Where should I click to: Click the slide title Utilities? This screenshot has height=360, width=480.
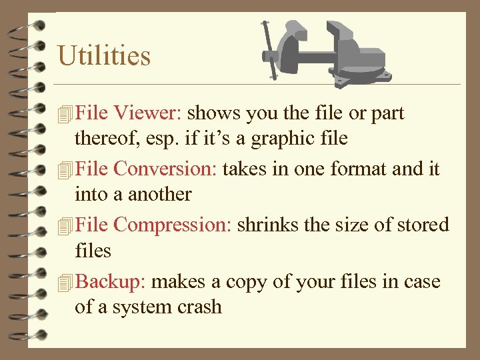point(104,55)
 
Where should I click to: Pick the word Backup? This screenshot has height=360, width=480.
point(111,282)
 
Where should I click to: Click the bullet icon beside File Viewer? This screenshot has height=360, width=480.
point(64,115)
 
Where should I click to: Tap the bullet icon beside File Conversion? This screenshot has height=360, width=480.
point(64,171)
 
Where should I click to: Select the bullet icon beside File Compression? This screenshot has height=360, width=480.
point(64,227)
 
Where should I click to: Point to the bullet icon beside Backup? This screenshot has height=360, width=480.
point(64,283)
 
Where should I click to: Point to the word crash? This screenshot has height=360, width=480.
point(199,307)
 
